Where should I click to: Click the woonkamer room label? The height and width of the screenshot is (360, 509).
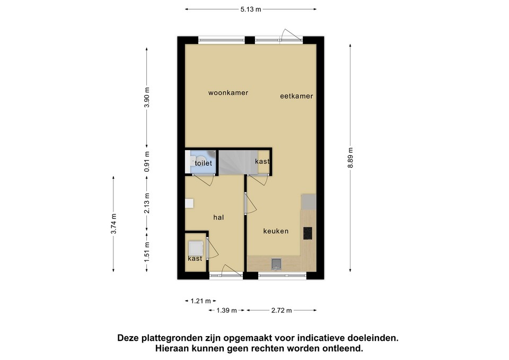228,93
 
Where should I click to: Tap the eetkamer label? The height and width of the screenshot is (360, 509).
296,96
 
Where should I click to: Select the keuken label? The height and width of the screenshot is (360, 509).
276,231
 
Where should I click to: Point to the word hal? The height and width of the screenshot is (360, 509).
218,217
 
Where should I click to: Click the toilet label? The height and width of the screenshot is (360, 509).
203,163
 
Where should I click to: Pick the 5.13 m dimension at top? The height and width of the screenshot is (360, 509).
251,10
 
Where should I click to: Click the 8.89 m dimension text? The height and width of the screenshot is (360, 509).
350,158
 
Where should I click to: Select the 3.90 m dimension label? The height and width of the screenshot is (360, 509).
147,97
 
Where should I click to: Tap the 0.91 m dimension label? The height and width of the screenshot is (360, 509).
147,162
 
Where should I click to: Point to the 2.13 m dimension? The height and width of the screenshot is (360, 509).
147,203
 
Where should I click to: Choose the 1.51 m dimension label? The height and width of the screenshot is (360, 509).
147,252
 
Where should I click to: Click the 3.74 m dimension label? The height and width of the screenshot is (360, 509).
113,224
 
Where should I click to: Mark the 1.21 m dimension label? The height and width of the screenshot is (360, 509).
200,301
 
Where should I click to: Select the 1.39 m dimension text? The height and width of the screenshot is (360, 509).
226,310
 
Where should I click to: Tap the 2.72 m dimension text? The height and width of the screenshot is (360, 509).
282,310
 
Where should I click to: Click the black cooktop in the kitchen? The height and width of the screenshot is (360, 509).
308,233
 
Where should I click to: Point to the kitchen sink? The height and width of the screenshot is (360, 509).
276,264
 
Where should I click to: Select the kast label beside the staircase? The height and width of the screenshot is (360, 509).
262,161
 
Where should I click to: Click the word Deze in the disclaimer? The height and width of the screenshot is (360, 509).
128,338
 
